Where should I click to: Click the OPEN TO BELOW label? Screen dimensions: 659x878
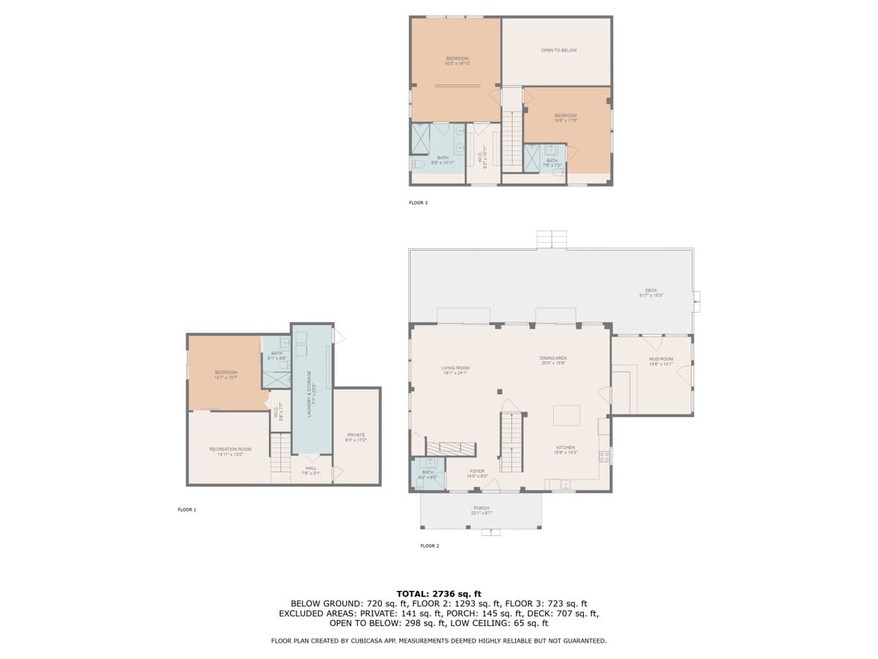click(559, 51)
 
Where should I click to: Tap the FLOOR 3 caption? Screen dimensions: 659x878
click(418, 203)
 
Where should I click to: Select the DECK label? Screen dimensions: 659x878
click(650, 291)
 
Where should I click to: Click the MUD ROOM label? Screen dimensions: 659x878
click(661, 360)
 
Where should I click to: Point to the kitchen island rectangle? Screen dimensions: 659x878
click(566, 415)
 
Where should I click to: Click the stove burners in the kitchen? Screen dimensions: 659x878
click(604, 457)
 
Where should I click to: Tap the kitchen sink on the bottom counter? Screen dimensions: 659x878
click(565, 485)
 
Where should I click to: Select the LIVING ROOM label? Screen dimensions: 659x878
click(455, 368)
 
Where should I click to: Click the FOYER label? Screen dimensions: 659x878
click(477, 472)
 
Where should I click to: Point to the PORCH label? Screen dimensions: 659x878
click(481, 508)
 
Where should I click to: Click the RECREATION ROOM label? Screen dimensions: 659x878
click(230, 450)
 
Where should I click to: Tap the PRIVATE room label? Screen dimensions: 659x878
click(356, 436)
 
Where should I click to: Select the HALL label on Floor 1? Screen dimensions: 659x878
click(311, 469)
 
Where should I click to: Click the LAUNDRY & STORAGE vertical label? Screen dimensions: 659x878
click(309, 393)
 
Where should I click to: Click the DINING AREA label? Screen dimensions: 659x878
click(554, 358)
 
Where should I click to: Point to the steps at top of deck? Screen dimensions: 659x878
click(552, 239)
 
